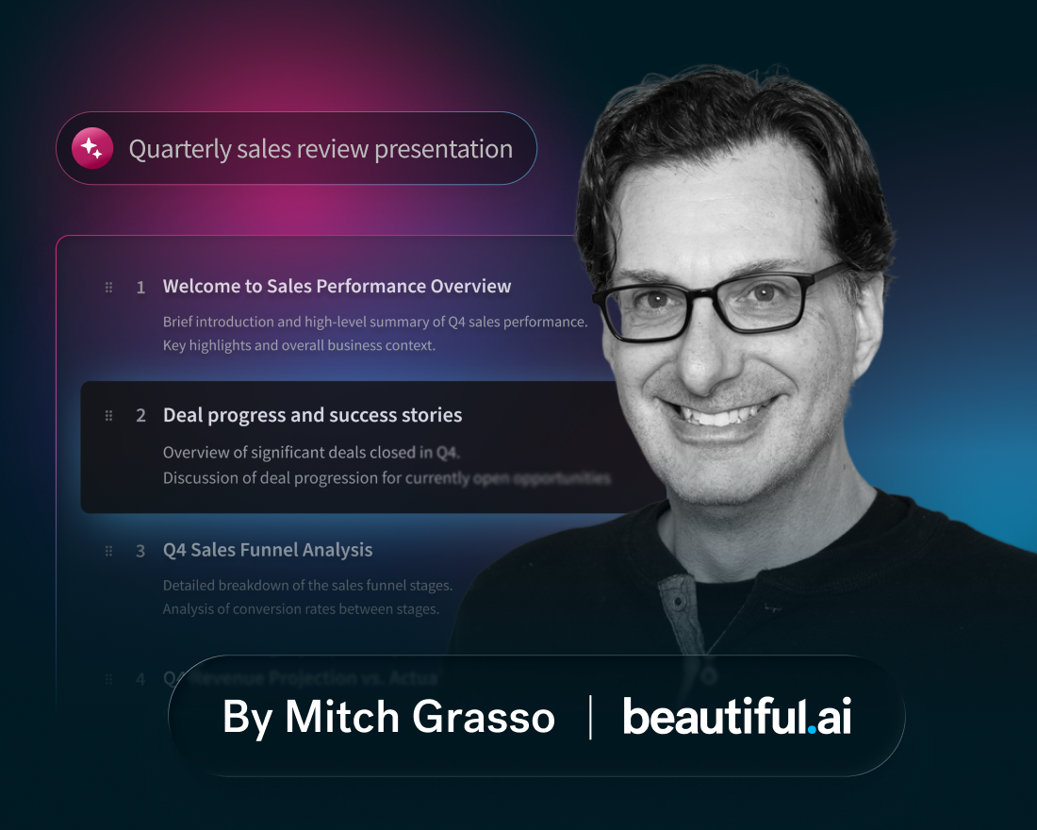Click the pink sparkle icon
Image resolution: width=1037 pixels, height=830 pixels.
pos(92,148)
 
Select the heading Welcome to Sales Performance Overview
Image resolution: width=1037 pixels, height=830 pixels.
pos(337,286)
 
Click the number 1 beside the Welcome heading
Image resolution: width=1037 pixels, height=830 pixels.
pos(140,288)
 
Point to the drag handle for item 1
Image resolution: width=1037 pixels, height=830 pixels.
pos(108,287)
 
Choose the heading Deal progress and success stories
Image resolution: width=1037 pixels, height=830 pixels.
pos(312,415)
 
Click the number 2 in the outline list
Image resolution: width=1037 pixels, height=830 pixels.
pos(140,416)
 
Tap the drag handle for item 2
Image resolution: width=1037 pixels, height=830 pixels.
pos(108,415)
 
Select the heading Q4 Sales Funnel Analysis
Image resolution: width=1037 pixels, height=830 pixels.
pos(268,550)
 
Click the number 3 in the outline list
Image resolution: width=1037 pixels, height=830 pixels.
pos(140,551)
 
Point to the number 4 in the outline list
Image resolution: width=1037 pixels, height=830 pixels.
pos(140,679)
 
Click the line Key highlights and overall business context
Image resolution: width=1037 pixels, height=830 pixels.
pos(299,345)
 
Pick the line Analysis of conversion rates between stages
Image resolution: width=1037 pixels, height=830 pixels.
pos(301,609)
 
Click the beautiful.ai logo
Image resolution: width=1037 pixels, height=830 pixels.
pos(736,717)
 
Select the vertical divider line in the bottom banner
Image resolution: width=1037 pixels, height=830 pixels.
pos(590,717)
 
